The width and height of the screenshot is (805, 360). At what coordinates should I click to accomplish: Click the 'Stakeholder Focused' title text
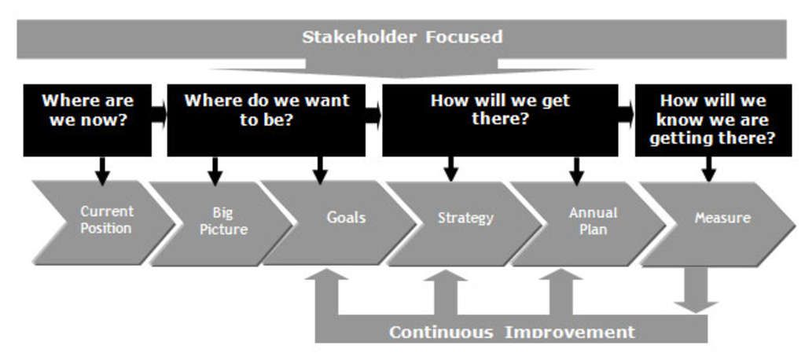click(x=402, y=37)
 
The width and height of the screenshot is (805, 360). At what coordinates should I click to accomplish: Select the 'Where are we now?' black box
click(x=87, y=112)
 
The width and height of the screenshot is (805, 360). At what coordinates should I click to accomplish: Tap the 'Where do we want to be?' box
click(x=266, y=112)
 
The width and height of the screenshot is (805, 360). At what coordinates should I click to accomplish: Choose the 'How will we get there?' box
click(x=500, y=112)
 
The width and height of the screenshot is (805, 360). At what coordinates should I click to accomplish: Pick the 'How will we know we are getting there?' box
click(x=712, y=119)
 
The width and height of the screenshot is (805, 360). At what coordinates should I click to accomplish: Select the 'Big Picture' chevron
click(x=224, y=222)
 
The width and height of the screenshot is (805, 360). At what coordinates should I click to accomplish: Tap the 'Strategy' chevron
click(x=465, y=219)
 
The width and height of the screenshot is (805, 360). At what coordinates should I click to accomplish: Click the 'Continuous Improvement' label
click(x=511, y=331)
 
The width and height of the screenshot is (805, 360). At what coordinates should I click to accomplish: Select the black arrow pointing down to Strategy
click(x=450, y=168)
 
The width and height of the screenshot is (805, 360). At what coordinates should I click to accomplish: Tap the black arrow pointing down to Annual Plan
click(x=576, y=168)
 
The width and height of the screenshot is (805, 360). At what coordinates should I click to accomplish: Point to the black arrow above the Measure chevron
click(x=708, y=168)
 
